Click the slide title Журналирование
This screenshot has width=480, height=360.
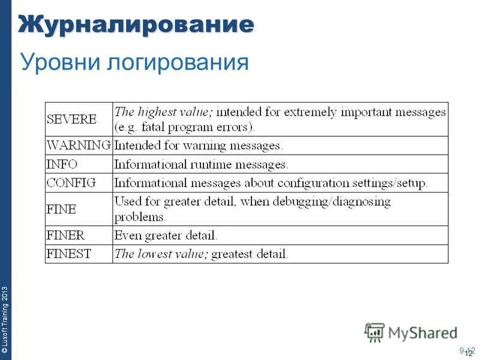coord(136,25)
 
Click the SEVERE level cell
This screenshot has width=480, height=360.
coord(71,119)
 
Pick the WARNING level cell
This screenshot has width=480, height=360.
coord(79,145)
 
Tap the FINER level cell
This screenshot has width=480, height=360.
coord(66,235)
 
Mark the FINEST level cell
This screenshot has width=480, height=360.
coord(69,254)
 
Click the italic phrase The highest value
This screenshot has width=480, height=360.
coord(163,112)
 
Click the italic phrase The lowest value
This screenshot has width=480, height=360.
coord(161,254)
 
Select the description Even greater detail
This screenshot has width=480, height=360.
coord(166,235)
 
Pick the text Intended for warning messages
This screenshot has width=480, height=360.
coord(199,145)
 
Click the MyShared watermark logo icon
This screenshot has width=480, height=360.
coord(374,332)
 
